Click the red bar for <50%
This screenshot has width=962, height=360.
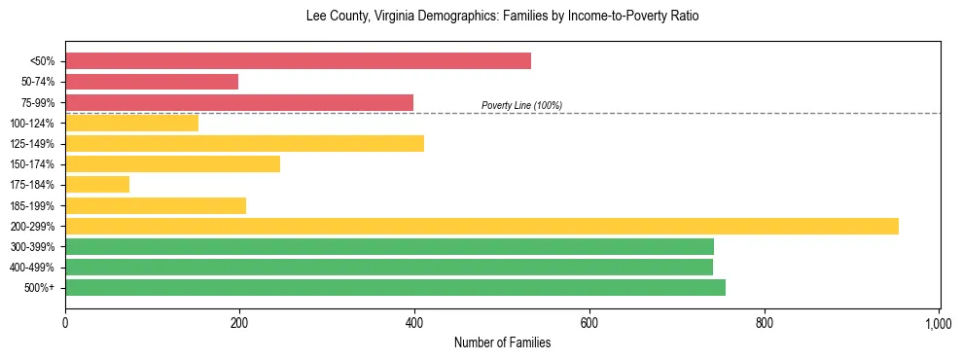[298, 61]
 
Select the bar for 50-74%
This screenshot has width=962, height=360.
[152, 82]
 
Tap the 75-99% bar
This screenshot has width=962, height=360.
[239, 102]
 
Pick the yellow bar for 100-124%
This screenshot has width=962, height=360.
[131, 123]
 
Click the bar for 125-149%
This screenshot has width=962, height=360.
[244, 144]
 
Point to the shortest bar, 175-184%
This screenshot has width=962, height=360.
[97, 185]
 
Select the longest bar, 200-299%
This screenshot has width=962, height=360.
[481, 226]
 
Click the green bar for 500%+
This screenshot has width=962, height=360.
[395, 287]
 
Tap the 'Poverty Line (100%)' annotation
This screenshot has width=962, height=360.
[521, 105]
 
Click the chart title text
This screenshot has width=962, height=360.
[481, 17]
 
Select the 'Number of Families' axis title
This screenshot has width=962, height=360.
[503, 342]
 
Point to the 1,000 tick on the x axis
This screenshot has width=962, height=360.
[939, 320]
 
